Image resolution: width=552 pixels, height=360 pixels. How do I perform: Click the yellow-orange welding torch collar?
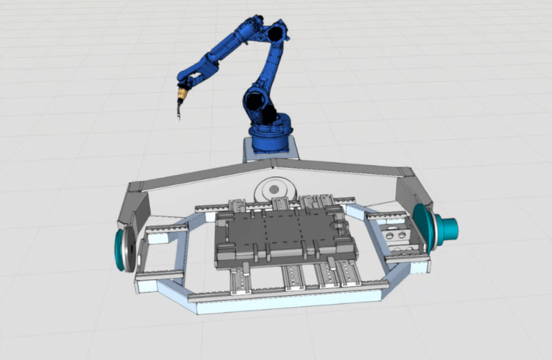click(x=182, y=95)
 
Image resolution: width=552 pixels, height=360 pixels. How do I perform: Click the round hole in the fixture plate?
click(x=338, y=223)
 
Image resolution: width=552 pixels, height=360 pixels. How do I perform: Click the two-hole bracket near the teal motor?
click(x=398, y=236)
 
